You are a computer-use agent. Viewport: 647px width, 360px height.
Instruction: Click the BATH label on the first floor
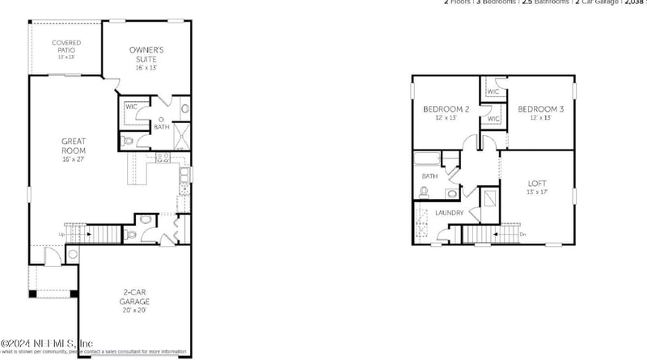coord(162,127)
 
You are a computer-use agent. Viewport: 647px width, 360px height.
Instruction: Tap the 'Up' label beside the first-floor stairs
coord(61,235)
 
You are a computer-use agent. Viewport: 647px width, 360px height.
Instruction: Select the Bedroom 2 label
coord(446,109)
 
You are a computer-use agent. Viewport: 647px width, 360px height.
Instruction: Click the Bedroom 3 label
coord(540,109)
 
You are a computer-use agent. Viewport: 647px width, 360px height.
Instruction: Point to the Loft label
coord(536,183)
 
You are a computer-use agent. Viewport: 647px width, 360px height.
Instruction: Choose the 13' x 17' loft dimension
coord(536,193)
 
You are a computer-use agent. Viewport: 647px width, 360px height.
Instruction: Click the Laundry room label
coord(449,213)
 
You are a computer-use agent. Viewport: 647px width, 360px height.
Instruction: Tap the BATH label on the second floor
coord(429,175)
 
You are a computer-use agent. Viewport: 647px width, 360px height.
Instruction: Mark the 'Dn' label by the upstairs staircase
coord(522,235)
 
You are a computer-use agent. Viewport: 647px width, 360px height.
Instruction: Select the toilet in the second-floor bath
coord(424,192)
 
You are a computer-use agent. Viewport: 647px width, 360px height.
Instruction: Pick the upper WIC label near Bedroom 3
coord(493,91)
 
